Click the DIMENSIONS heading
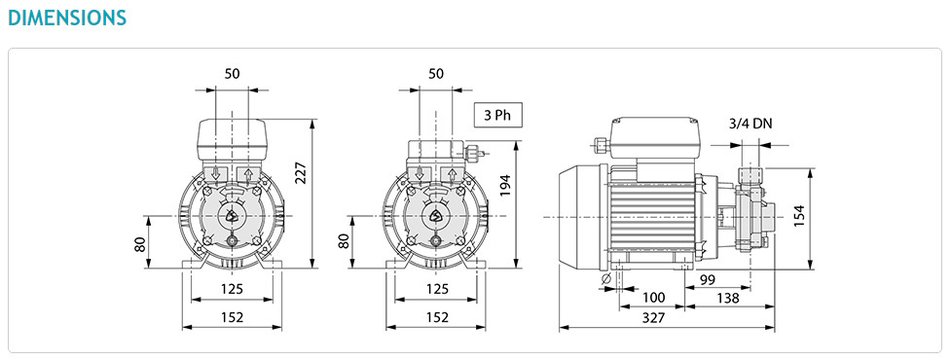[x=67, y=17]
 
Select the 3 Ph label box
[x=497, y=115]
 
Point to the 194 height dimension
[x=506, y=186]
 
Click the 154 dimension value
[x=800, y=215]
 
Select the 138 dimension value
[x=727, y=298]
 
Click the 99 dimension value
[x=708, y=279]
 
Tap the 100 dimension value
[x=654, y=298]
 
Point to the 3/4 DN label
[x=750, y=124]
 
